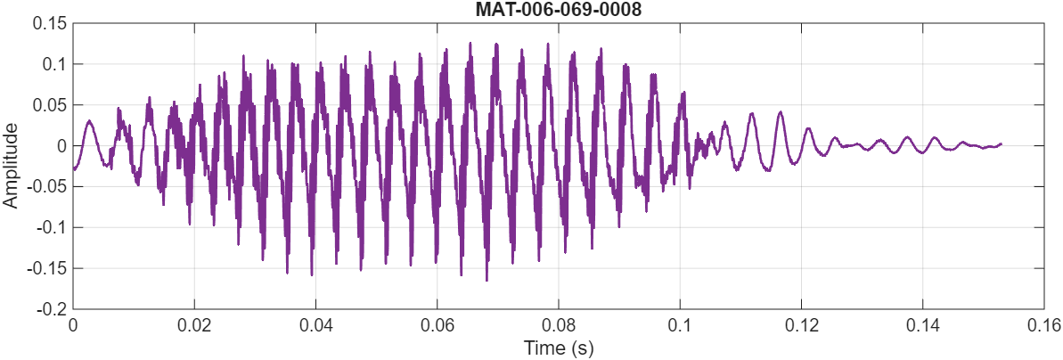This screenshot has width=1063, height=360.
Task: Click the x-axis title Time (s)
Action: coord(558,348)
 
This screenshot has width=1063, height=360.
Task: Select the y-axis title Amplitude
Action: coord(11,166)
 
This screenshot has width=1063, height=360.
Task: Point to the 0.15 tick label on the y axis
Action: coord(50,23)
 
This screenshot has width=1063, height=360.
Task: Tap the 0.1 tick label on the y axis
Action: coord(53,64)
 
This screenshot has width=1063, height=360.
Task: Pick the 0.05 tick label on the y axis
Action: coord(50,105)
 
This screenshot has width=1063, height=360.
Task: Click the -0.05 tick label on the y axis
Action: coord(47,187)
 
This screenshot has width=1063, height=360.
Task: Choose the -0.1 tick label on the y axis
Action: coord(51,228)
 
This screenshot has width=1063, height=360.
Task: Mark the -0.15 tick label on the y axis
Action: coord(47,269)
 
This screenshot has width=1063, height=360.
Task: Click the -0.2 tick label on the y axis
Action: coord(51,309)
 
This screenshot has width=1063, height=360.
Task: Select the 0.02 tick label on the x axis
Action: coord(194,326)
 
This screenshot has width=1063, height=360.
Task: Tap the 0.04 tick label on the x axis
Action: coord(315,326)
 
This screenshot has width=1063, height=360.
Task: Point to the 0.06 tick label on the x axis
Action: coord(437,326)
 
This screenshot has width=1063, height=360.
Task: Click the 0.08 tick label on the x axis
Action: coord(558,326)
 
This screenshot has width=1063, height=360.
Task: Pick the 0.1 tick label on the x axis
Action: coord(680,326)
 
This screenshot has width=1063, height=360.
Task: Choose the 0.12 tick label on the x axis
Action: coord(801,326)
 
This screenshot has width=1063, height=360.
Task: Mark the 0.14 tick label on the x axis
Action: coord(922,326)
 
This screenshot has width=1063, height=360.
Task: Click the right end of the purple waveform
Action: coord(1001,143)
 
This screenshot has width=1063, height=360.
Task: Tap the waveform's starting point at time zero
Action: coord(73,168)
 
